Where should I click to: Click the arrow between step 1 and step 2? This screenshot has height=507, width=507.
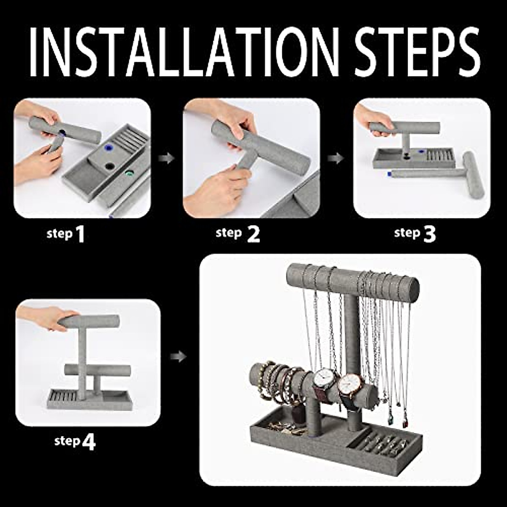click(x=166, y=159)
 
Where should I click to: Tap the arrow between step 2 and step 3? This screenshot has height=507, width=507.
click(x=336, y=159)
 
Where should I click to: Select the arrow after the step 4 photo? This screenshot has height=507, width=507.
click(x=179, y=357)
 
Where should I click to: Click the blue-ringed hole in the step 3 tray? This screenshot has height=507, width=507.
click(x=422, y=151)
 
